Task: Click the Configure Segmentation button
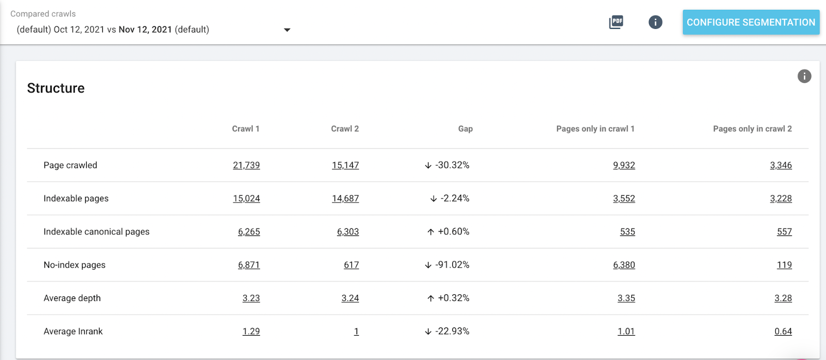751,22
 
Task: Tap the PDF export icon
616,22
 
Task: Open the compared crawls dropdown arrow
287,30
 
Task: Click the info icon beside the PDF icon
655,22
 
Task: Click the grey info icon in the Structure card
804,76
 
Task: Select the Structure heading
56,88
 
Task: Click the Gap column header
465,129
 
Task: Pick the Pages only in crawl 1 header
595,129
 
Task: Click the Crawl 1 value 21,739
246,165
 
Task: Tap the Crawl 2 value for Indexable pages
345,198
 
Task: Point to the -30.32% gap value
452,165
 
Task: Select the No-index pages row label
74,265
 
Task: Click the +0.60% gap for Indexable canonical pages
454,231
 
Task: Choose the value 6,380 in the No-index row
624,265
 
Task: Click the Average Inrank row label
73,331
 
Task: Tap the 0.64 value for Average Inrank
783,331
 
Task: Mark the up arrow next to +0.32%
431,298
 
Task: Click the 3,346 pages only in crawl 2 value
781,165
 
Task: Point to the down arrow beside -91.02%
428,265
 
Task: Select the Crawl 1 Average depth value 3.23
251,298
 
